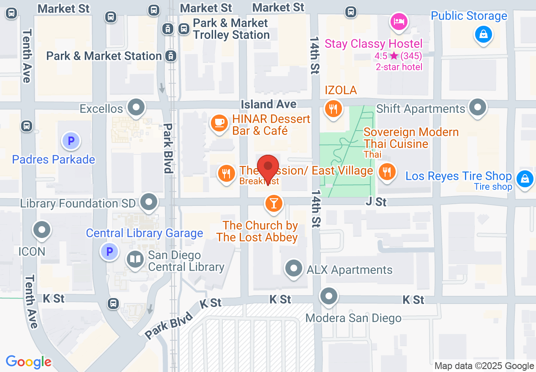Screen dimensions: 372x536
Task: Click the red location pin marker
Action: pos(268,167)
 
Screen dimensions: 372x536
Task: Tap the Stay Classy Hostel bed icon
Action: pos(399,21)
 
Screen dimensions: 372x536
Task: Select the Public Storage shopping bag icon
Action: pos(483,33)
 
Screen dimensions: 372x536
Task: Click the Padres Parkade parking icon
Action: pos(71,140)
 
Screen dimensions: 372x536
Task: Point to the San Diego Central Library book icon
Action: pos(135,260)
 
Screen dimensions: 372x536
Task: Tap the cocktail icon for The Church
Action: pos(273,203)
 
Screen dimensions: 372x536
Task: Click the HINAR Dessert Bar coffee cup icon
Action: pos(219,123)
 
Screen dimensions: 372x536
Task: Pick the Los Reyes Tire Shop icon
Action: pos(524,178)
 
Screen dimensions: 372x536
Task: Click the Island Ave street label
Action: pos(268,104)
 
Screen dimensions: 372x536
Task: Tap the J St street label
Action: pos(376,202)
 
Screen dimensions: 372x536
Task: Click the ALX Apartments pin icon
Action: pos(294,268)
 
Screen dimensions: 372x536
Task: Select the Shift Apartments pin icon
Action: pos(478,107)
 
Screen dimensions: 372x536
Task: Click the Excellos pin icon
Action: pos(136,107)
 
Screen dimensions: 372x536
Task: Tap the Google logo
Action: pos(28,362)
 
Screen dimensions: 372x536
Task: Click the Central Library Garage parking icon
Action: pos(109,252)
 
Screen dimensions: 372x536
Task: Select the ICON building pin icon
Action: pos(42,230)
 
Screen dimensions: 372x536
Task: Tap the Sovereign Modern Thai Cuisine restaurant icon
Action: pos(386,172)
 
